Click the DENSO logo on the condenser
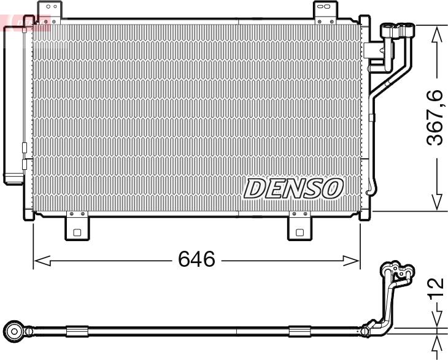pyautogui.click(x=293, y=188)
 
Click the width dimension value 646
pyautogui.click(x=196, y=260)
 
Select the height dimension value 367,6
pyautogui.click(x=435, y=117)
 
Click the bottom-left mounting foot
pyautogui.click(x=77, y=228)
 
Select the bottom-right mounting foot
pyautogui.click(x=300, y=228)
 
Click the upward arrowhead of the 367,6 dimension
pyautogui.click(x=436, y=35)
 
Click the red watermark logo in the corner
pyautogui.click(x=25, y=23)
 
